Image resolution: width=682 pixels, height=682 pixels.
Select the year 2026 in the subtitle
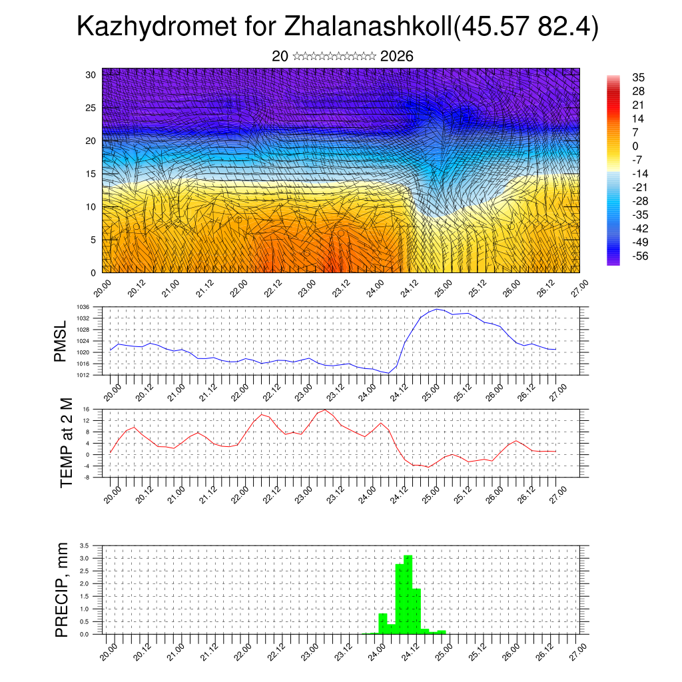[397, 57]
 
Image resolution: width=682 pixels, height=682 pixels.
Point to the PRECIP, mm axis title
[62, 590]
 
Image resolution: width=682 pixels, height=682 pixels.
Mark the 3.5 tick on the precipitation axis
[85, 545]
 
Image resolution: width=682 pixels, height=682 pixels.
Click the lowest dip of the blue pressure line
[388, 373]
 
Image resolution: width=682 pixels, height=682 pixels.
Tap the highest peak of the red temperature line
[325, 410]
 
